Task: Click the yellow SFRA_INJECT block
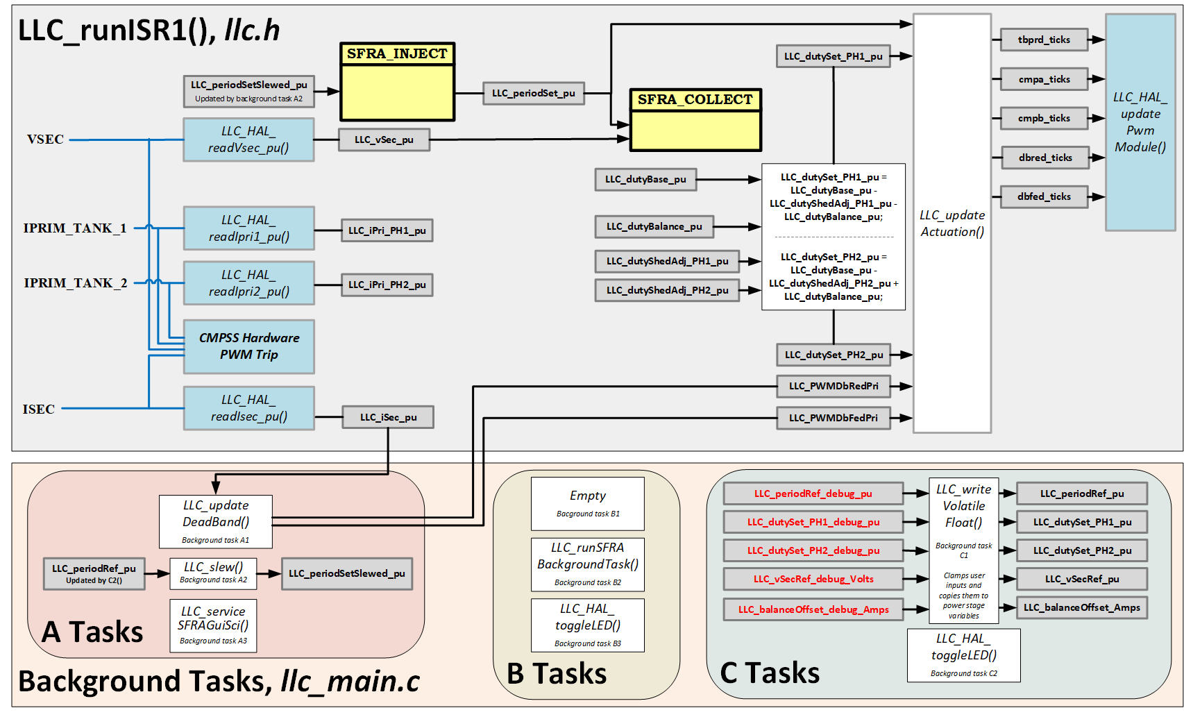pos(397,82)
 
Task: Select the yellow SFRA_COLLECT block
pos(695,120)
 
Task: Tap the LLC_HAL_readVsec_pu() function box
pos(248,140)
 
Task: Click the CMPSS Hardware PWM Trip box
pos(248,346)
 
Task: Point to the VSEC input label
pos(45,140)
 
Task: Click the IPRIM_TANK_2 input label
pos(75,283)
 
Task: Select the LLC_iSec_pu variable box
pos(388,417)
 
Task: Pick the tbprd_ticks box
pos(1044,40)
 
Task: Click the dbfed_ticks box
pos(1044,196)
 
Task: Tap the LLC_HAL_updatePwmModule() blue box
pos(1140,122)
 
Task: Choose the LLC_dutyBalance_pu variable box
pos(654,226)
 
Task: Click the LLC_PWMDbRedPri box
pos(833,386)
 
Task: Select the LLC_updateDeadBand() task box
pos(216,521)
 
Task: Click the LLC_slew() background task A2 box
pos(213,573)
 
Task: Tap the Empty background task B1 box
pos(587,503)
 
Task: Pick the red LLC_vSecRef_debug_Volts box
pos(813,579)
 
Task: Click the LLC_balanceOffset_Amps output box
pos(1081,607)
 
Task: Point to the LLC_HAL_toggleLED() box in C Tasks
pos(963,655)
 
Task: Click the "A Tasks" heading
pos(92,632)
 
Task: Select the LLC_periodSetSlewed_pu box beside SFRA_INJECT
pos(248,91)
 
